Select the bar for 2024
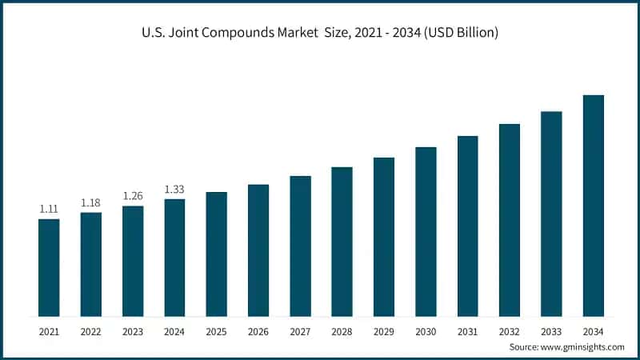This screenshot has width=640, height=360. pyautogui.click(x=174, y=257)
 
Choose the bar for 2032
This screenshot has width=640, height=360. pyautogui.click(x=510, y=219)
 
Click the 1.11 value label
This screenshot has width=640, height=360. pyautogui.click(x=49, y=209)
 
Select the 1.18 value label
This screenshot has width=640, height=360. pyautogui.click(x=90, y=202)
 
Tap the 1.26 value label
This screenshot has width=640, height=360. pyautogui.click(x=133, y=196)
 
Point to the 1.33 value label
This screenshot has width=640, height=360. pyautogui.click(x=174, y=190)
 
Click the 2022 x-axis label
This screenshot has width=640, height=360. pyautogui.click(x=90, y=330)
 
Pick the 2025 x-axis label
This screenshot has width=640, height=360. pyautogui.click(x=216, y=330)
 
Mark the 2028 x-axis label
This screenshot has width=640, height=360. pyautogui.click(x=342, y=330)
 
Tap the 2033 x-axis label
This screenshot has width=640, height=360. pyautogui.click(x=551, y=330)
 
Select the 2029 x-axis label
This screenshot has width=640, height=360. pyautogui.click(x=384, y=330)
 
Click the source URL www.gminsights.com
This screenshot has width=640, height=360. pyautogui.click(x=583, y=346)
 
